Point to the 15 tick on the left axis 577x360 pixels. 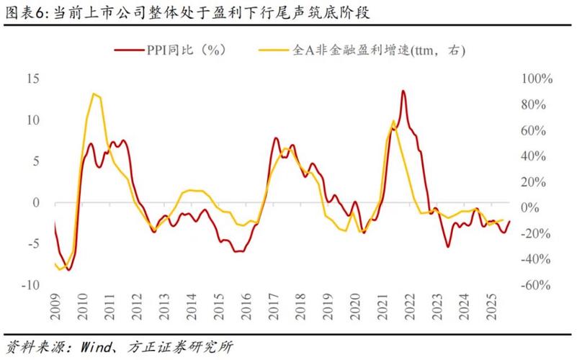click(x=33, y=78)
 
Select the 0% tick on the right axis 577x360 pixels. click(x=531, y=207)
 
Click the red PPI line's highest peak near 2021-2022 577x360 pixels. click(x=403, y=91)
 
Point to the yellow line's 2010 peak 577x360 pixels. click(x=94, y=94)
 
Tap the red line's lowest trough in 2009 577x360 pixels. click(x=69, y=269)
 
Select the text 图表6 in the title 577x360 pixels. click(x=22, y=12)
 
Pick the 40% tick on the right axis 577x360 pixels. click(x=534, y=156)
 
